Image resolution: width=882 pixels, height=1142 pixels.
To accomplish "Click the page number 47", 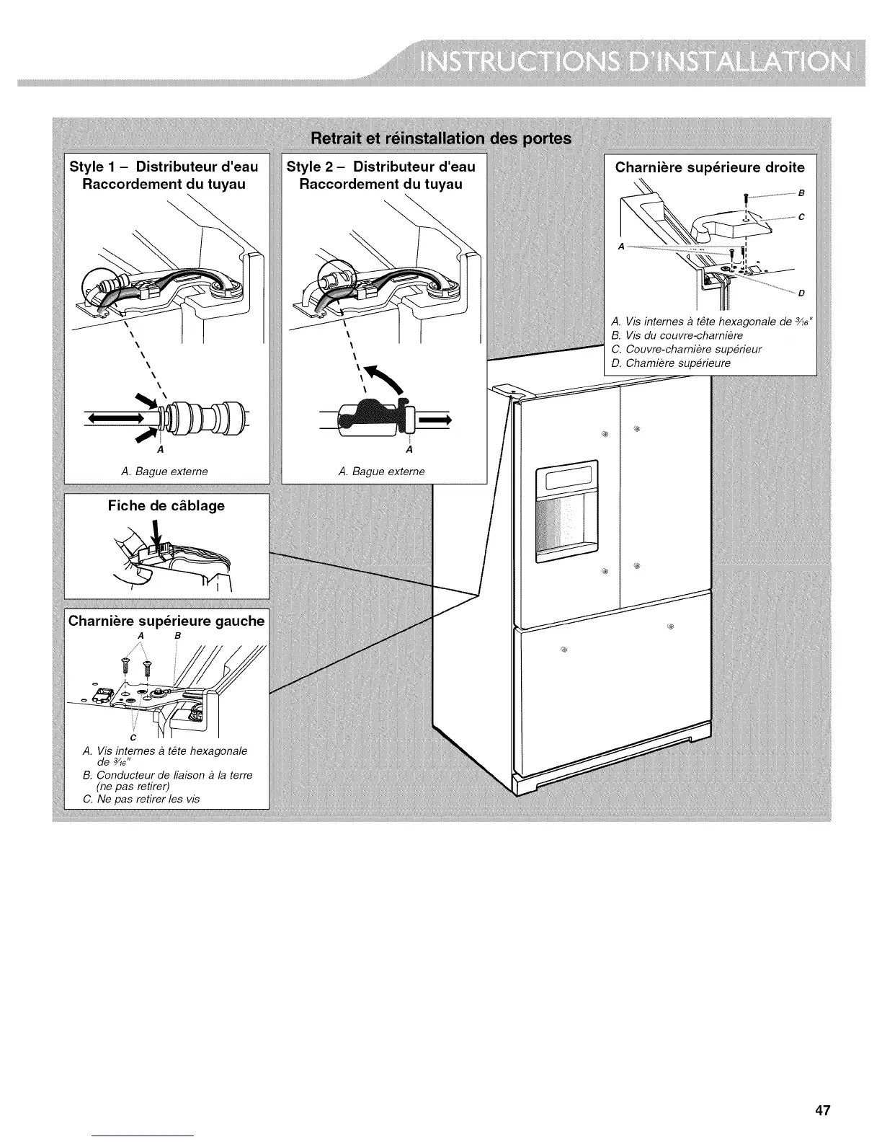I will pos(823,1070).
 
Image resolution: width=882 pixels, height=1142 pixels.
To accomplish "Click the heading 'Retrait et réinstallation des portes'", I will pos(440,138).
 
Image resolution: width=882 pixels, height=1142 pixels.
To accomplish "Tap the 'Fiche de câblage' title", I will pos(166,505).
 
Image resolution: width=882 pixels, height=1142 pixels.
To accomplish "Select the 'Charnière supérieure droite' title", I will pos(710,168).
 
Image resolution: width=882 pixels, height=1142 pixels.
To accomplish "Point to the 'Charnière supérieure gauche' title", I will pos(166,621).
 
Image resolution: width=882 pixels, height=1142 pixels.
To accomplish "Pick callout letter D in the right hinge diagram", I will pos(801,293).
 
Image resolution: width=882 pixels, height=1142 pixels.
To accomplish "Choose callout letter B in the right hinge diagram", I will pos(801,193).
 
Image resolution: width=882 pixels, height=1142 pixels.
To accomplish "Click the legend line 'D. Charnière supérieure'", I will pos(670,363).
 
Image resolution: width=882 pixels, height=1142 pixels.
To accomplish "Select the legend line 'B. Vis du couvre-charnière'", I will pos(676,335).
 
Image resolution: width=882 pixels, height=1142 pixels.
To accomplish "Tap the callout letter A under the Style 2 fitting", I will pos(409,451).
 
